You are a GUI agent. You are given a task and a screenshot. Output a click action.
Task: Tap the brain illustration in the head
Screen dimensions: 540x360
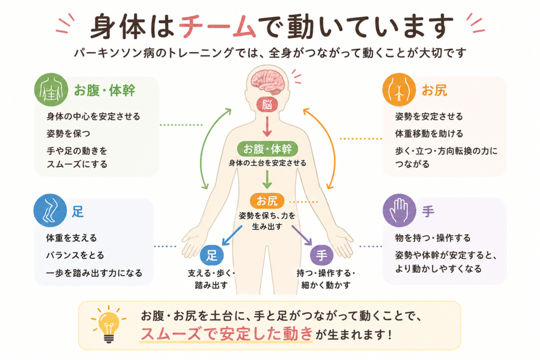(x=267, y=82)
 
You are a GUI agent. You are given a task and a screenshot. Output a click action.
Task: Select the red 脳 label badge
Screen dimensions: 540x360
(x=267, y=104)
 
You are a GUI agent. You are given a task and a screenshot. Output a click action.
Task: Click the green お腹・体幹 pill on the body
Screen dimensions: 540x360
(x=267, y=149)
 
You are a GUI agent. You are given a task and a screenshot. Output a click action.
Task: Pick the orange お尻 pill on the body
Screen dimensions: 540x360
(x=267, y=201)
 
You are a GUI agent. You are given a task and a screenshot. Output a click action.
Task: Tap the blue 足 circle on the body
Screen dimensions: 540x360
(x=212, y=255)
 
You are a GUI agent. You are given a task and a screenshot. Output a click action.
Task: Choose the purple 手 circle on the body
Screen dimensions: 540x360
(x=322, y=255)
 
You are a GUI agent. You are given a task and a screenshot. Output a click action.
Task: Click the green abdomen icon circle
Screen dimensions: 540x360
(x=51, y=90)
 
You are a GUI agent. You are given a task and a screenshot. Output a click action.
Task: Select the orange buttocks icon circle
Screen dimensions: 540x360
(x=399, y=90)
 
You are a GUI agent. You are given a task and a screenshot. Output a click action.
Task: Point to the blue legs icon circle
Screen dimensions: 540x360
(x=50, y=210)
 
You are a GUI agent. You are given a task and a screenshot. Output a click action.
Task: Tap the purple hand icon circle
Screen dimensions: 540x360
(x=399, y=210)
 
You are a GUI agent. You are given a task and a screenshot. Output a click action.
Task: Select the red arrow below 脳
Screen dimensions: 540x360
(x=267, y=127)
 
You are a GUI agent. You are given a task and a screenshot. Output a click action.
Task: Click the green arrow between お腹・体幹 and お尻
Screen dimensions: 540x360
(x=267, y=179)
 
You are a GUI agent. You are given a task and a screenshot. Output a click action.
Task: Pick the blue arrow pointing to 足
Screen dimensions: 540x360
(x=232, y=236)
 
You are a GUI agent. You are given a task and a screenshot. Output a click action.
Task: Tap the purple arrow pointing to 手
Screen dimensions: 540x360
(x=302, y=236)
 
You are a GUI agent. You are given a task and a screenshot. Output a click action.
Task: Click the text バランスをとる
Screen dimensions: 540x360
(x=75, y=255)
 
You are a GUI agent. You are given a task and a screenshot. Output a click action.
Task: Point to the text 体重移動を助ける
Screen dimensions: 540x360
(x=429, y=133)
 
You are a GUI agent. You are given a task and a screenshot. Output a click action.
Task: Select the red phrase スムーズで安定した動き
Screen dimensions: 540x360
(x=227, y=334)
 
